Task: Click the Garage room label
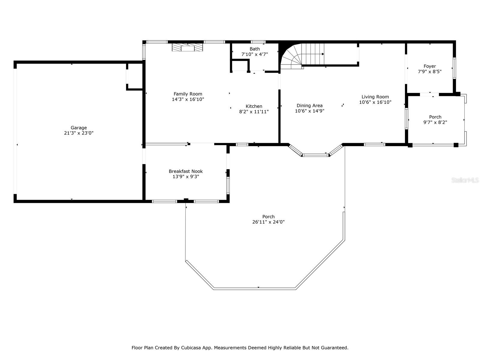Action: [79, 128]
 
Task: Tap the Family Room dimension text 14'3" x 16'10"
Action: [188, 100]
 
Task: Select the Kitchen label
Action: [254, 106]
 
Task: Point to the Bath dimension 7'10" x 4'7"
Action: [254, 54]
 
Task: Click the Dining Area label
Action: [309, 106]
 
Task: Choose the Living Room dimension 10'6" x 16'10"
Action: [375, 102]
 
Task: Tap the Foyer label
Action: [430, 66]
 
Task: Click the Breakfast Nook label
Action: [186, 171]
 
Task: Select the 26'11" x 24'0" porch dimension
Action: [268, 222]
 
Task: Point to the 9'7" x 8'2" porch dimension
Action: [435, 122]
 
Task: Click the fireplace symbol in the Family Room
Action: [187, 47]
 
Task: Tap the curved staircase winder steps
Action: [291, 56]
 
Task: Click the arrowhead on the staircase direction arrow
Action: [323, 54]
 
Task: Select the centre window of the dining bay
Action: [316, 155]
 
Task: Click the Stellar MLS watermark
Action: [465, 180]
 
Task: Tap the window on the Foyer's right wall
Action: [454, 68]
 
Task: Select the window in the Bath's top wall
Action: [258, 42]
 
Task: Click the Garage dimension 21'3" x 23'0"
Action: [79, 133]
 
